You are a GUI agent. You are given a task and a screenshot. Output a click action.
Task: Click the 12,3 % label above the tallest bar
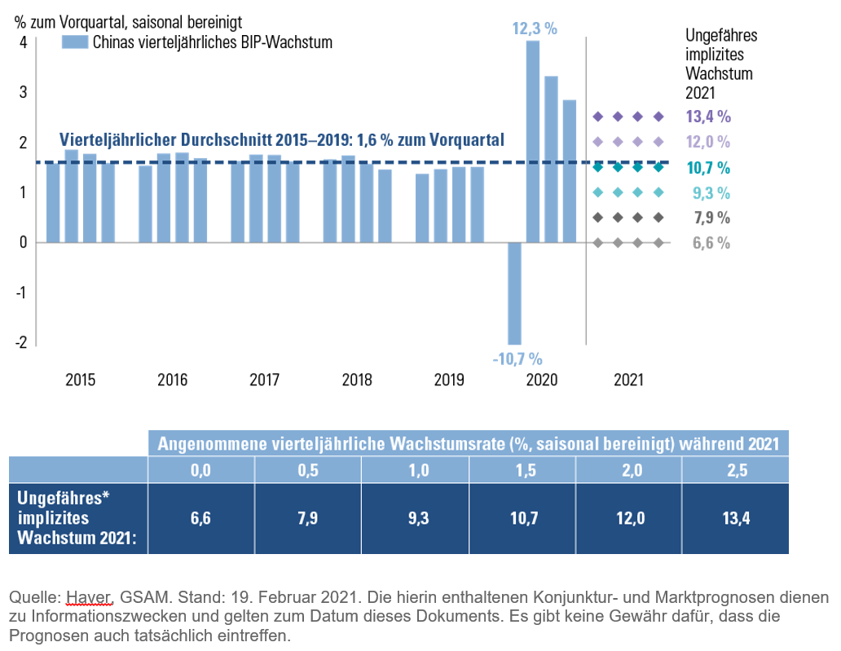click(534, 29)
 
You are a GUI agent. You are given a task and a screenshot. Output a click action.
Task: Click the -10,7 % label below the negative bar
click(517, 358)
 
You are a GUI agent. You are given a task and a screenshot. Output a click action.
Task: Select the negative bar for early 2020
click(514, 293)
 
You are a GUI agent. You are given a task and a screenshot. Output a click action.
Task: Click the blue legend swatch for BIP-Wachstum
click(74, 42)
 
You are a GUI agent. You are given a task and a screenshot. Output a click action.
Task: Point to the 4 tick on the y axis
click(23, 42)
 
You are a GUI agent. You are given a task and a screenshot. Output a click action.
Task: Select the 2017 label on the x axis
click(265, 380)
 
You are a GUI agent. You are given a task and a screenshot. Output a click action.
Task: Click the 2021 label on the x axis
click(628, 380)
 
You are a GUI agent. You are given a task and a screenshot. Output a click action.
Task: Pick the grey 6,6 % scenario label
click(711, 243)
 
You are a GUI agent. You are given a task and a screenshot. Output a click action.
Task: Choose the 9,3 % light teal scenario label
click(711, 193)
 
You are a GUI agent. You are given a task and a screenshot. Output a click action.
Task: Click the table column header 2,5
click(735, 470)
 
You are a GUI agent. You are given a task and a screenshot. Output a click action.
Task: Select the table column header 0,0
click(200, 470)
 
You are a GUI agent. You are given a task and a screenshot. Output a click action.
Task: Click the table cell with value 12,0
click(628, 518)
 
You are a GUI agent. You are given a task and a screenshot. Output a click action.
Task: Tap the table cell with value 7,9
click(307, 518)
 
